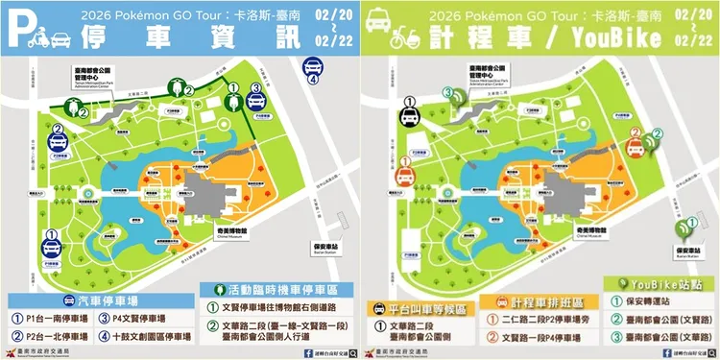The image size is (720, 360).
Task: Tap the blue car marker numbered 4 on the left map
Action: coord(313,67)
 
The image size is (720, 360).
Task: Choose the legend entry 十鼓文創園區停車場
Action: coord(143,336)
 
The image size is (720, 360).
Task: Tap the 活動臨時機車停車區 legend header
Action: coord(269,287)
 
